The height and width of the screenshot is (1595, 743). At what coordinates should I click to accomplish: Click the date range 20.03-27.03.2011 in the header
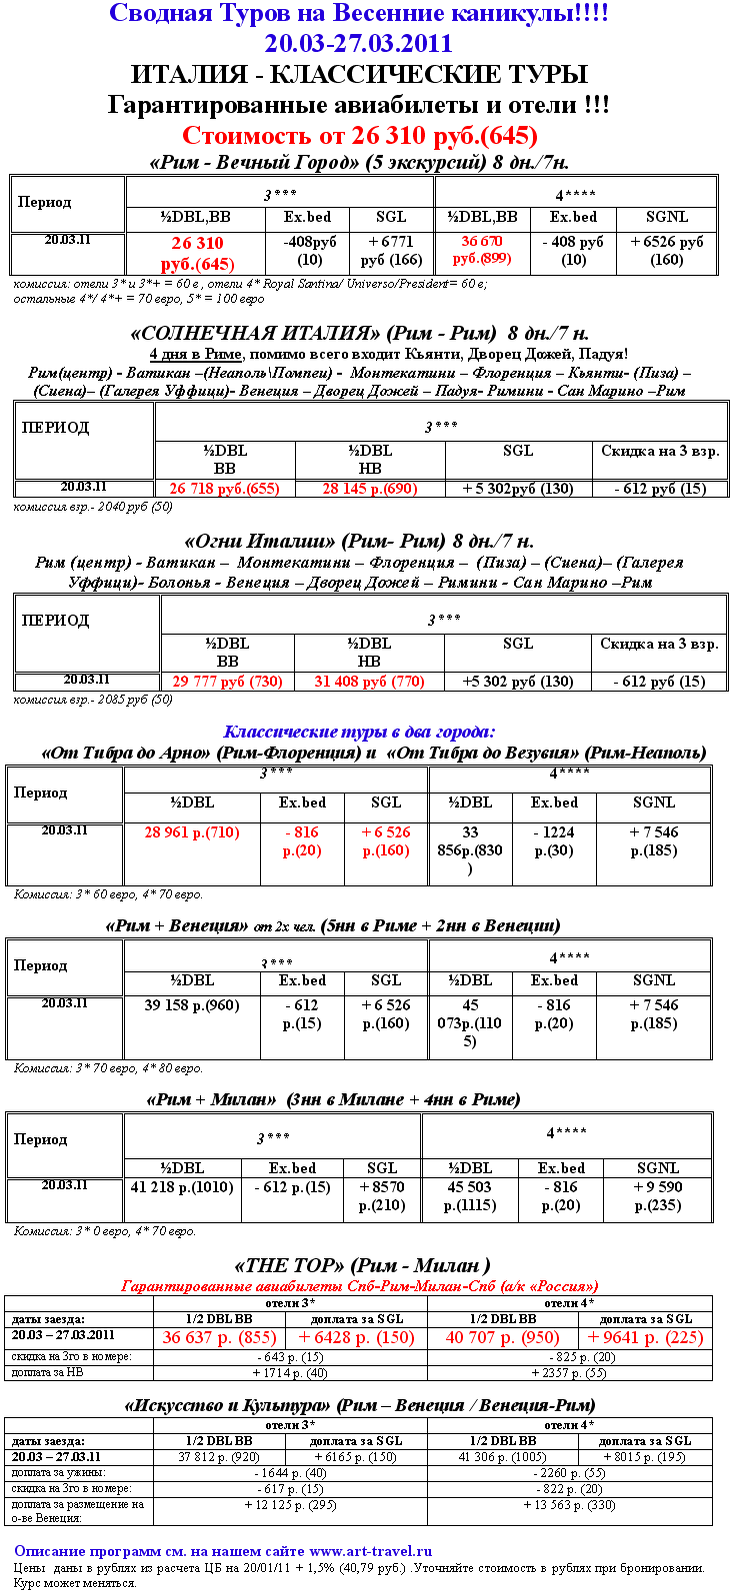click(x=358, y=44)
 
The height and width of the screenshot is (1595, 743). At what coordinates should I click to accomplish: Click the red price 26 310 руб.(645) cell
click(x=197, y=254)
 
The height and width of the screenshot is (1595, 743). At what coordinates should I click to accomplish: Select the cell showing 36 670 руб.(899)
click(x=480, y=250)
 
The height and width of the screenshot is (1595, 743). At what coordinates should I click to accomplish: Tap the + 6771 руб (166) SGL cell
click(x=391, y=251)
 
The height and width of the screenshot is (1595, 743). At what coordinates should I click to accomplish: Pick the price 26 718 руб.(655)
click(x=224, y=489)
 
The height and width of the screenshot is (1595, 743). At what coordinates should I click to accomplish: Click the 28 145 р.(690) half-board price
click(x=369, y=489)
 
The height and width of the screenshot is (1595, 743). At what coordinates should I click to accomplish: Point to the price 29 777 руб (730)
click(x=227, y=682)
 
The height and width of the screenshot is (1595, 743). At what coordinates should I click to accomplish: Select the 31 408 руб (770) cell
click(x=369, y=682)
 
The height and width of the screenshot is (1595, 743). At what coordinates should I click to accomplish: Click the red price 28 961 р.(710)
click(x=192, y=832)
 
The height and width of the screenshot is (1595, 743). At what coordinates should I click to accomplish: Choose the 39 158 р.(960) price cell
click(x=192, y=1005)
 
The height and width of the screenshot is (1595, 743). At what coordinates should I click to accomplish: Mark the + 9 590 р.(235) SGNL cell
click(x=657, y=1196)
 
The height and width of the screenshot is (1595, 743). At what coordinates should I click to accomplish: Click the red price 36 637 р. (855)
click(x=219, y=1337)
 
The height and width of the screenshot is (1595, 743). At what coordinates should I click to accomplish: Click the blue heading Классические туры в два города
click(x=359, y=732)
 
